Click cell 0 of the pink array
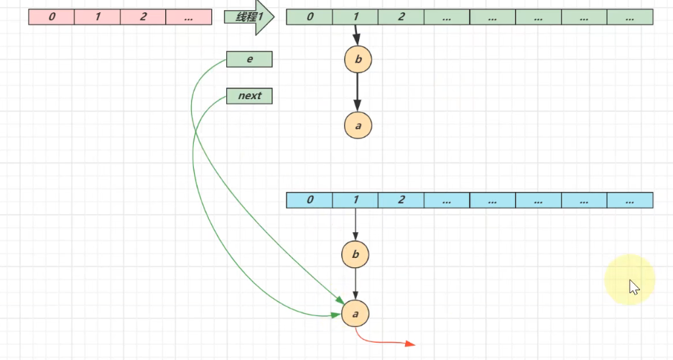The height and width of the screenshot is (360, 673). tap(52, 17)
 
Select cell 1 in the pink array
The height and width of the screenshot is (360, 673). tap(97, 17)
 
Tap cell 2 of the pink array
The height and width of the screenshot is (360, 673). tap(143, 17)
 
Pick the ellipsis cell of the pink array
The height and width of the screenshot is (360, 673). tap(188, 17)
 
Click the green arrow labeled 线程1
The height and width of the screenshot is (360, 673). tap(248, 17)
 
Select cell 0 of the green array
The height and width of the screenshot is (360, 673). tap(310, 17)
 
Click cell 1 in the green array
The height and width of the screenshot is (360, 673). tap(356, 17)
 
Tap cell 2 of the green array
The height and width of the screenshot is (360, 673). tap(401, 17)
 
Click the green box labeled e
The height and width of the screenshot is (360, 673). tap(249, 59)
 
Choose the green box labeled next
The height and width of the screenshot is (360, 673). tap(249, 96)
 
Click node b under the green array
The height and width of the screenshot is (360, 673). tap(358, 59)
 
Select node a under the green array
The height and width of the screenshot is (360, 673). tap(358, 126)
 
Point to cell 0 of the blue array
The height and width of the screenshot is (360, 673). tap(310, 200)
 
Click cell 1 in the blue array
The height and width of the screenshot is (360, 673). tap(356, 200)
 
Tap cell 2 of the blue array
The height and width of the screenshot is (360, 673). tap(401, 200)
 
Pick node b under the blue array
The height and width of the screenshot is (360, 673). tap(356, 254)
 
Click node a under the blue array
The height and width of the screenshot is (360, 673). tap(356, 313)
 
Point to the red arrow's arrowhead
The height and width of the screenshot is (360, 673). tap(410, 344)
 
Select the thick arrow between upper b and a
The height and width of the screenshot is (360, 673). tap(358, 92)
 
